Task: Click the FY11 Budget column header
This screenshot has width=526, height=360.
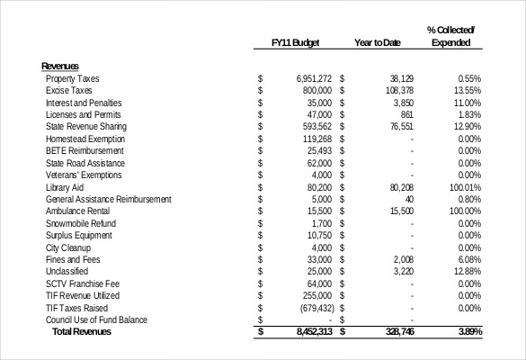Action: (296, 42)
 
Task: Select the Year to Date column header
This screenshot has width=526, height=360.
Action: (378, 42)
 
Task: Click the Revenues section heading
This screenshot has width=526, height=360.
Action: (60, 66)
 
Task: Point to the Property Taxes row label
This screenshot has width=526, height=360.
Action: (73, 78)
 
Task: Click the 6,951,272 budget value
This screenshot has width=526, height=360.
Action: (314, 78)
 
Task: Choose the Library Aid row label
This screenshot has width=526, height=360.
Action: (64, 187)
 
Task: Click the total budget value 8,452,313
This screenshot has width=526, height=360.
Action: (314, 332)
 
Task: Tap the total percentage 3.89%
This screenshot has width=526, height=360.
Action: (468, 332)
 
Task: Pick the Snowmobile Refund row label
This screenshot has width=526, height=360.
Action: (79, 223)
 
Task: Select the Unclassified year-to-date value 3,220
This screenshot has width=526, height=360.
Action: (403, 271)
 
